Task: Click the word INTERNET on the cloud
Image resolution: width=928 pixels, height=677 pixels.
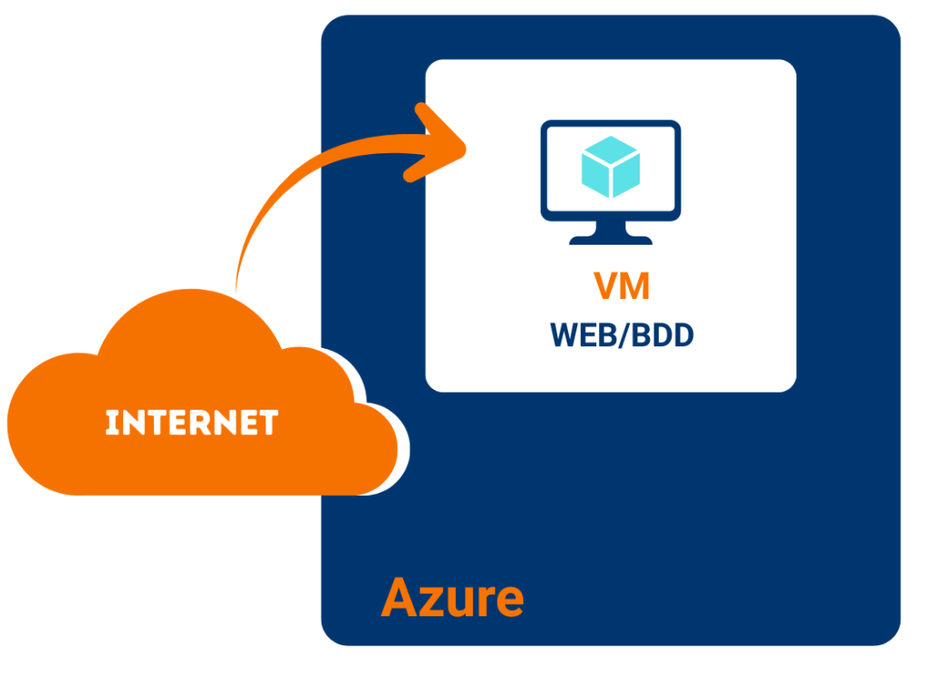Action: (191, 423)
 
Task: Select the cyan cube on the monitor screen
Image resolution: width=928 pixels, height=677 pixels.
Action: (610, 166)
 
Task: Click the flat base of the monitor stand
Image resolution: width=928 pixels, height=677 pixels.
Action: (610, 239)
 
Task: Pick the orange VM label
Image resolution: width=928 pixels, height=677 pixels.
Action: (622, 287)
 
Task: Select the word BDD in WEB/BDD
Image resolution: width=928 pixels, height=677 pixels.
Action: (663, 334)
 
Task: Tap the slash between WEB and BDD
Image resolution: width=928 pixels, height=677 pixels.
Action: (625, 334)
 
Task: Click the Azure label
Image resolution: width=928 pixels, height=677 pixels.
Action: (452, 597)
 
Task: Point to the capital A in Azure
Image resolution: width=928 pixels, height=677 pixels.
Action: (398, 597)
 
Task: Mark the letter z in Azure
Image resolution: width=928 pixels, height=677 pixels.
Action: (431, 601)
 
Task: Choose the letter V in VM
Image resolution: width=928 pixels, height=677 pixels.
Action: (607, 287)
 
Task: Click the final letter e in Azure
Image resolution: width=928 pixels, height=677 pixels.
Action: (507, 601)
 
